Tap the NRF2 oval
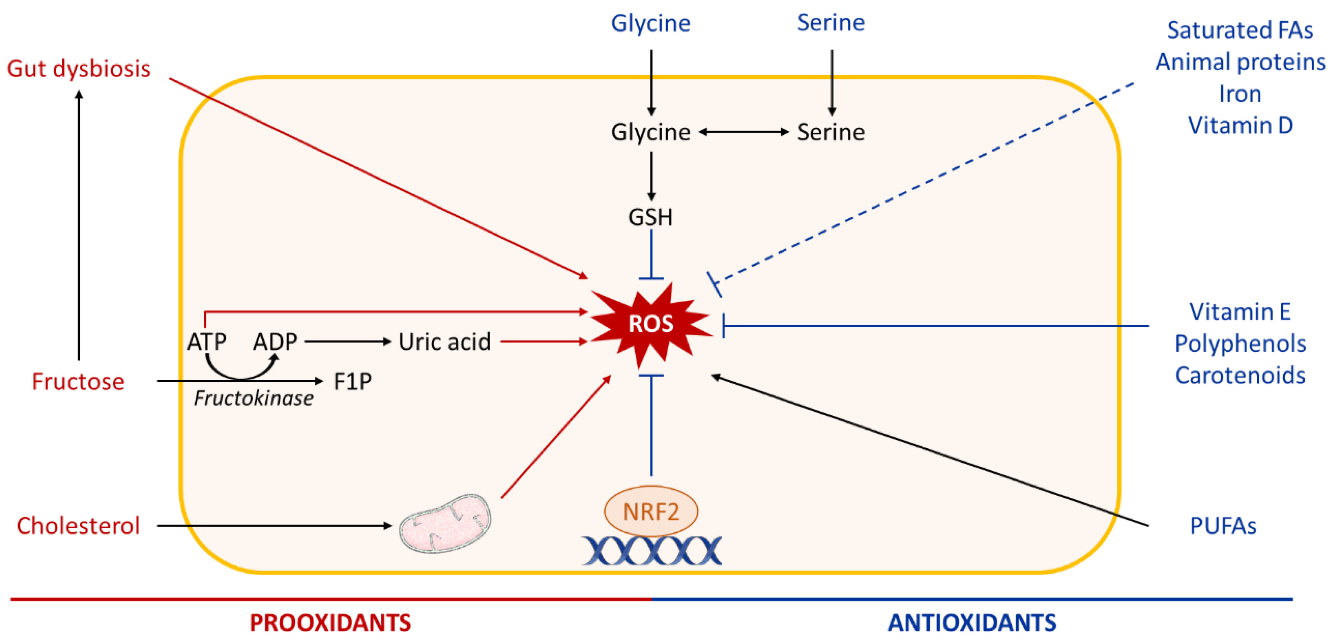(651, 511)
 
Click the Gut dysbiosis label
(79, 69)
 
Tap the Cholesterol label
(78, 526)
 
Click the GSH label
(650, 217)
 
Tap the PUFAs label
(1223, 526)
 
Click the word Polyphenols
(1240, 344)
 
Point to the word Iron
(1240, 94)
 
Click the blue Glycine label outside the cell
(650, 23)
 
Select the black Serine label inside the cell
(831, 132)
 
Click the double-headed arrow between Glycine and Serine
(744, 132)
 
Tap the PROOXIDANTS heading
(330, 623)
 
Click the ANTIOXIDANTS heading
(972, 623)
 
